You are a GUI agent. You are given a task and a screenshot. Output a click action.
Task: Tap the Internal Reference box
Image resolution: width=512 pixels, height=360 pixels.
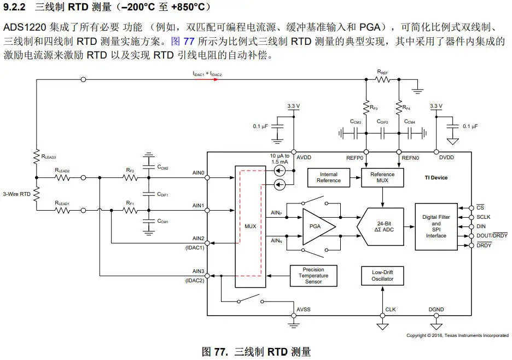pos(328,177)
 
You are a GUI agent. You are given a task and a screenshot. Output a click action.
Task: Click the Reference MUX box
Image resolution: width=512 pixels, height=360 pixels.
pos(383,177)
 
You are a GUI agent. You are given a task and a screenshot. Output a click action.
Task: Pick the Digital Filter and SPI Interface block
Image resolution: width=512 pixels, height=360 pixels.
pos(436,227)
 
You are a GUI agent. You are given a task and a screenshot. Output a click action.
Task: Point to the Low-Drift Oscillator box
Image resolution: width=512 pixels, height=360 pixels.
pos(382,276)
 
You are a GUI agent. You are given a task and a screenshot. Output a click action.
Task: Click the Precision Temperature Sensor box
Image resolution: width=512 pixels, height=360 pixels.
pos(313,276)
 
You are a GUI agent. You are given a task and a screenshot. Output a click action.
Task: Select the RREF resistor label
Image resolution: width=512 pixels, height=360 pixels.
pos(383,72)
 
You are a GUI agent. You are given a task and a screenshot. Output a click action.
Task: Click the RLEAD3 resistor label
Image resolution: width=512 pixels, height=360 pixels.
pos(49,156)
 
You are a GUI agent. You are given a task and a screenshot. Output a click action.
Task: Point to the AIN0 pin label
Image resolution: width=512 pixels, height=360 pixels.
pos(198,173)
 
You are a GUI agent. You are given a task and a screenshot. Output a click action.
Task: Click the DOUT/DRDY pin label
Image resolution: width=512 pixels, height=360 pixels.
pos(492,236)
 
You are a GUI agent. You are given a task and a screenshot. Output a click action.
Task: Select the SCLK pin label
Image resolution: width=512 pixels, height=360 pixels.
pos(483,217)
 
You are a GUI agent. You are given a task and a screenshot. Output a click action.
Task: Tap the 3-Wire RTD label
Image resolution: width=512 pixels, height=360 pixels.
pos(16,194)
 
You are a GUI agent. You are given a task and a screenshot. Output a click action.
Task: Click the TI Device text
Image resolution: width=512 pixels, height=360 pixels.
pos(436,177)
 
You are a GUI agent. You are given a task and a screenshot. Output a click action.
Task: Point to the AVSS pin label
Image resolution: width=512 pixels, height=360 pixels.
pos(303,309)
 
